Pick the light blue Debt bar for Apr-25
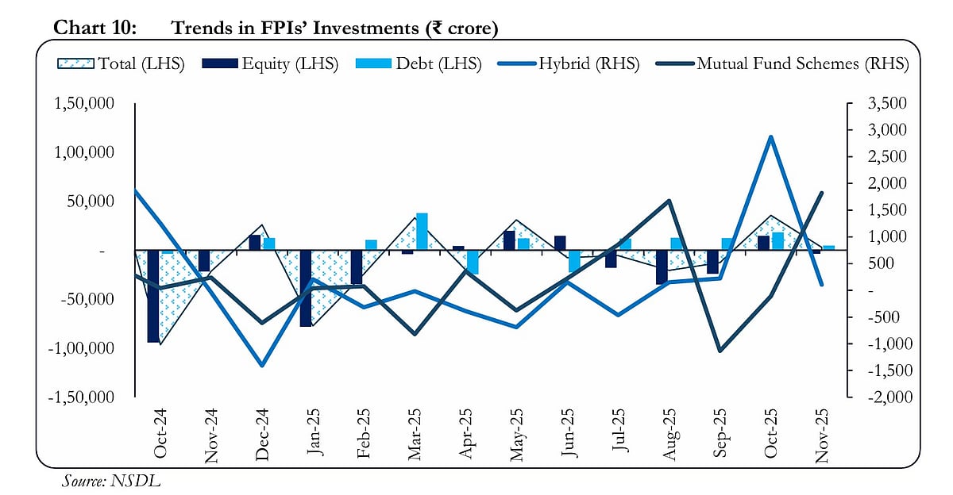point(473,263)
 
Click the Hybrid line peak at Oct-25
point(770,137)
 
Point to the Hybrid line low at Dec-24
point(261,365)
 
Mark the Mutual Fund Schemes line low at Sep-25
point(720,351)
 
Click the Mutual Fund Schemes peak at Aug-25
point(669,201)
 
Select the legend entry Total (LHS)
point(122,64)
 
